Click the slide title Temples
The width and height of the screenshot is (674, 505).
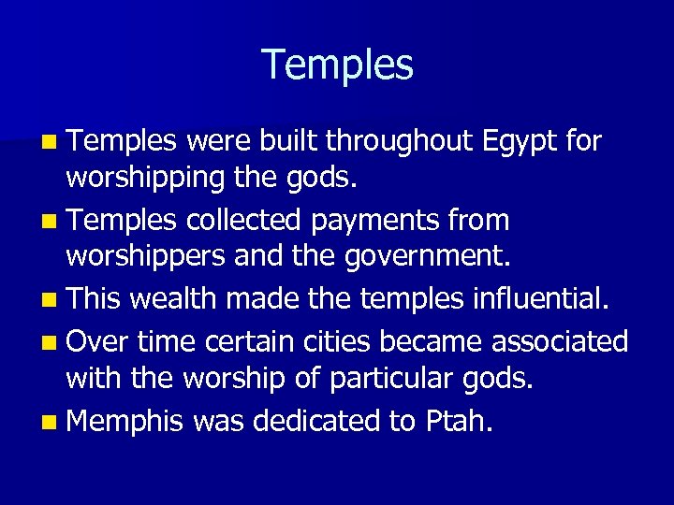tap(337, 65)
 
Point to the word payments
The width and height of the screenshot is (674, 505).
tap(386, 222)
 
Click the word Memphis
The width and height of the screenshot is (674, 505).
tap(125, 422)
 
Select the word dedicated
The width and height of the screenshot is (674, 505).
tap(313, 421)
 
